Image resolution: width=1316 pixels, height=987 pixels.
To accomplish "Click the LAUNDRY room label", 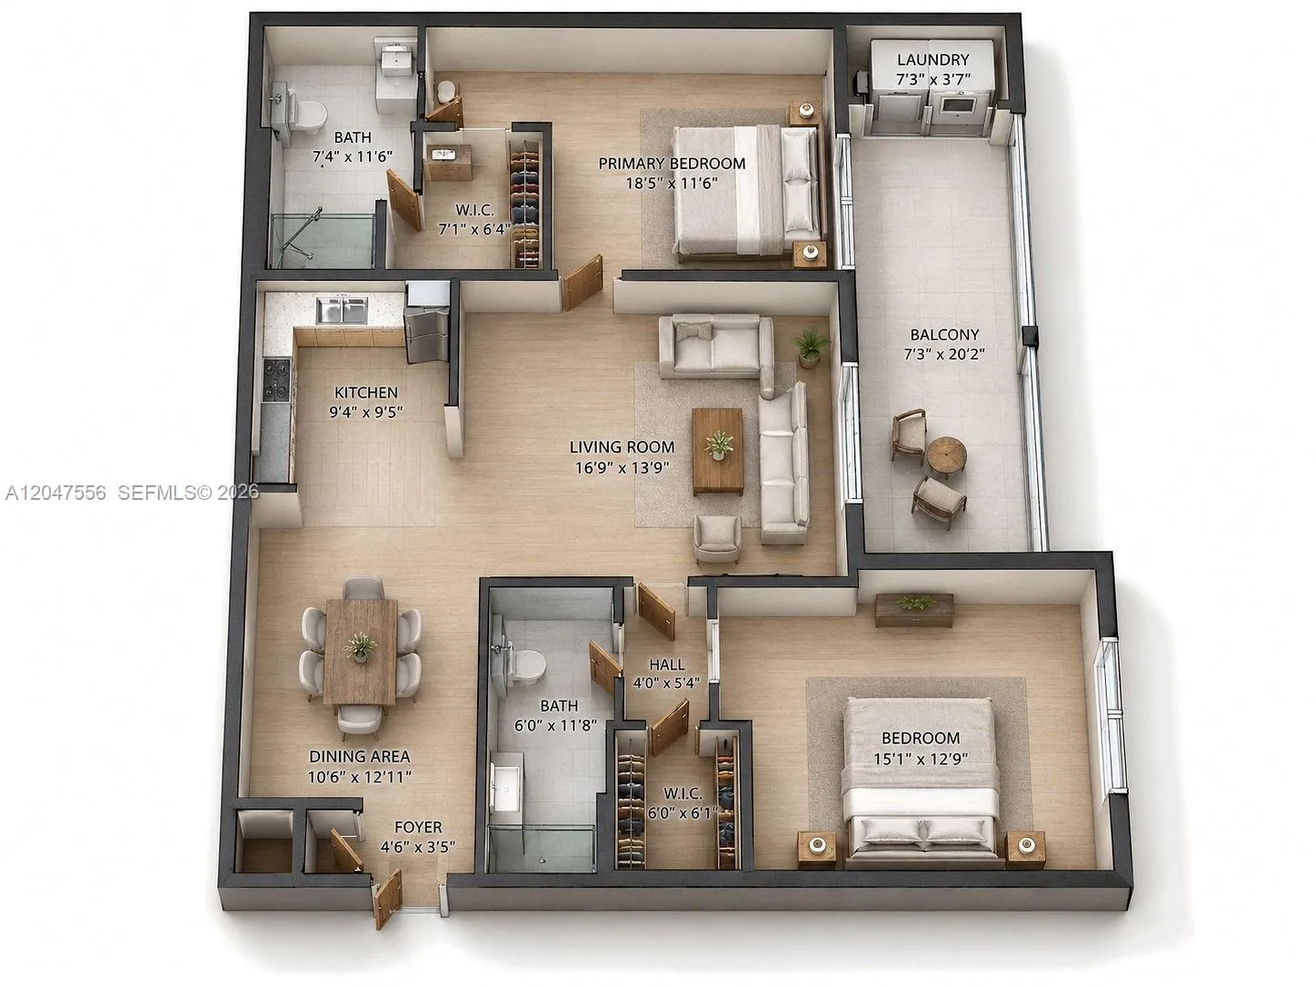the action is [x=932, y=60].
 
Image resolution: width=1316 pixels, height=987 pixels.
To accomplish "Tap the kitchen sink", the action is [x=342, y=310].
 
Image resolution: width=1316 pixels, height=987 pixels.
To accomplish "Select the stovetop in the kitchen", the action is [x=276, y=379].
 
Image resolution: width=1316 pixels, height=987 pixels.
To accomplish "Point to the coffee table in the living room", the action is [x=718, y=452].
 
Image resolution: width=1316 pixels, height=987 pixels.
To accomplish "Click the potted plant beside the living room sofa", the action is [x=811, y=346].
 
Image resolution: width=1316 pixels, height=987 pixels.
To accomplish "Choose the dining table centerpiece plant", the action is [x=360, y=646].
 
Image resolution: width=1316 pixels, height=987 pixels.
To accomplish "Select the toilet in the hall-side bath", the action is [x=523, y=667].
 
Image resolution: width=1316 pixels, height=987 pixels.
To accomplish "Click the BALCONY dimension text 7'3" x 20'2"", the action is [x=944, y=354].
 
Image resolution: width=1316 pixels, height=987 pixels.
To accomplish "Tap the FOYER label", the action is [x=418, y=827].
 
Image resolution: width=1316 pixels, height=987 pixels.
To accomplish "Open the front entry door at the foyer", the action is [x=387, y=899].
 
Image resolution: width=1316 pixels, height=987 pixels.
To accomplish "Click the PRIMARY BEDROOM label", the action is [x=673, y=163].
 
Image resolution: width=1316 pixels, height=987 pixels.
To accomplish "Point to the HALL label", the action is [x=667, y=664].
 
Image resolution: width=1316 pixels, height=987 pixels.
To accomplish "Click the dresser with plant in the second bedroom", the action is [x=913, y=610].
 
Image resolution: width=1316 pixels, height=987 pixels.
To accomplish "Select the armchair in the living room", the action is [x=716, y=538].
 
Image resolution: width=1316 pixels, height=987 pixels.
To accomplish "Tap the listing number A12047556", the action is [x=55, y=493].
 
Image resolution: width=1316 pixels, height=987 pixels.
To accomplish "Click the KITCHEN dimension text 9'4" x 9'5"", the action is [x=365, y=413].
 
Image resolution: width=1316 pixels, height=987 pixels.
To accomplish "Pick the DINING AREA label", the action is [x=360, y=756].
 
